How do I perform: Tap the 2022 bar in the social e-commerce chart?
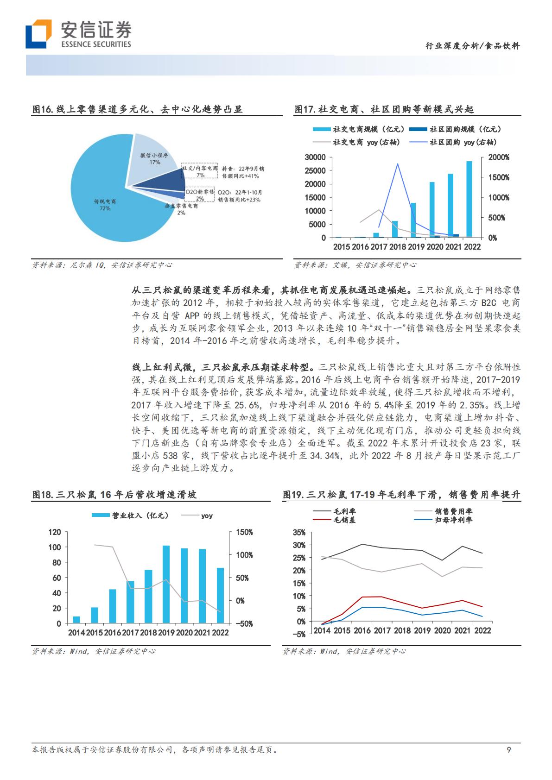pyautogui.click(x=470, y=199)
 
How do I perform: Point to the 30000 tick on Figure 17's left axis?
pyautogui.click(x=315, y=157)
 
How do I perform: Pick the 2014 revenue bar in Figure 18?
pyautogui.click(x=76, y=620)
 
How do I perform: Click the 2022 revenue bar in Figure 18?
pyautogui.click(x=220, y=596)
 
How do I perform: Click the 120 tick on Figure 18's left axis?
pyautogui.click(x=55, y=532)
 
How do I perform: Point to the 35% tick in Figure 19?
pyautogui.click(x=299, y=532)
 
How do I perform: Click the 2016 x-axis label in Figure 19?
pyautogui.click(x=362, y=630)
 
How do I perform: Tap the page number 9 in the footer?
pyautogui.click(x=508, y=750)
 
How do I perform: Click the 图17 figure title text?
pyautogui.click(x=384, y=110)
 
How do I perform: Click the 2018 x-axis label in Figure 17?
pyautogui.click(x=398, y=247)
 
